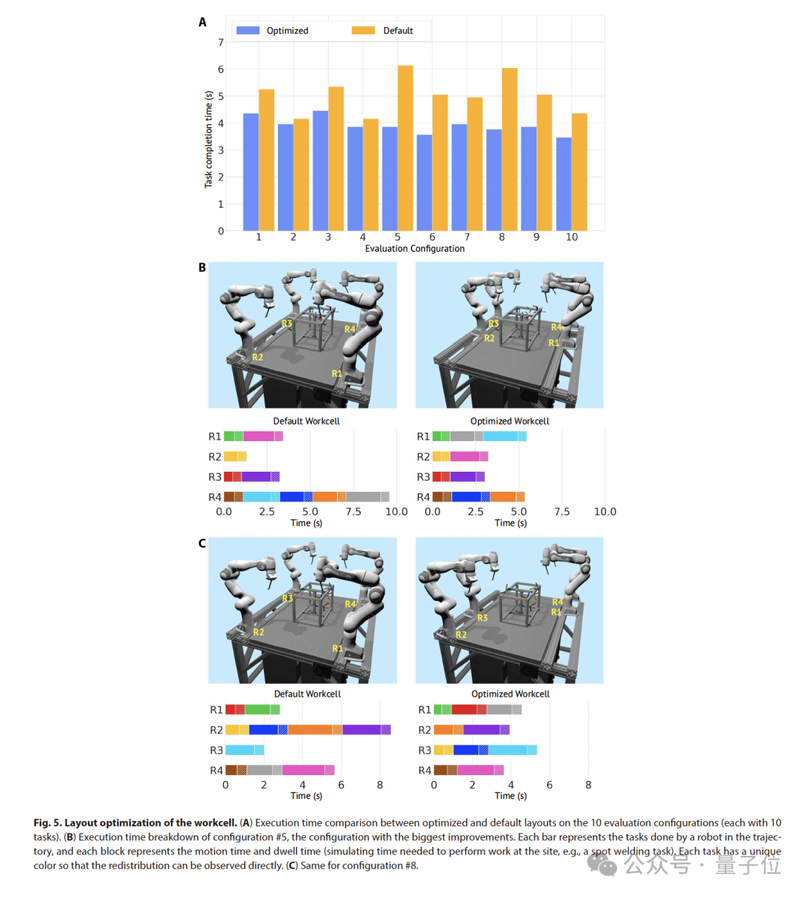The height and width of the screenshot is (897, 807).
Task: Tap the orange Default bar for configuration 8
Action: coord(510,149)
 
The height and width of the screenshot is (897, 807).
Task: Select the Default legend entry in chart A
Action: coord(383,31)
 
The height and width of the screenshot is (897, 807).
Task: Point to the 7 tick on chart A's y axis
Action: coord(220,43)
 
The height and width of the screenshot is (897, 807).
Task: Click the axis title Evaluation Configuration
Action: coord(415,248)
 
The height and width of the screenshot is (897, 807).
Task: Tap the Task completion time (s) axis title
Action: coord(208,140)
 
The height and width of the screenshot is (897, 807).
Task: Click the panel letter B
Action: coord(202,267)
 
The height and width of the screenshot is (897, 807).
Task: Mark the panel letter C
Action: coord(202,543)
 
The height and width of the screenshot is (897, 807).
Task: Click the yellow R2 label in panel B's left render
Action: coord(257,357)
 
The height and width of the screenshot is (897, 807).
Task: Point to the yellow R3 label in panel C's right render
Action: coord(482,618)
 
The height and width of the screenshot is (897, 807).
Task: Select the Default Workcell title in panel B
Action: coord(306,421)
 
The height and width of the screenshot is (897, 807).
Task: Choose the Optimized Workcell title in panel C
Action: coord(510,694)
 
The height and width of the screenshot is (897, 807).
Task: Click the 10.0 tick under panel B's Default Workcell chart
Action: coord(396,512)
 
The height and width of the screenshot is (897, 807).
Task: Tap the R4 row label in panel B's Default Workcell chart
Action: coord(214,497)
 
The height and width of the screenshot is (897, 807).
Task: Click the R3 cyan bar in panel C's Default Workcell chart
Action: coord(244,750)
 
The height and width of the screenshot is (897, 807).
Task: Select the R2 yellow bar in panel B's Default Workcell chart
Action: coord(235,457)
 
